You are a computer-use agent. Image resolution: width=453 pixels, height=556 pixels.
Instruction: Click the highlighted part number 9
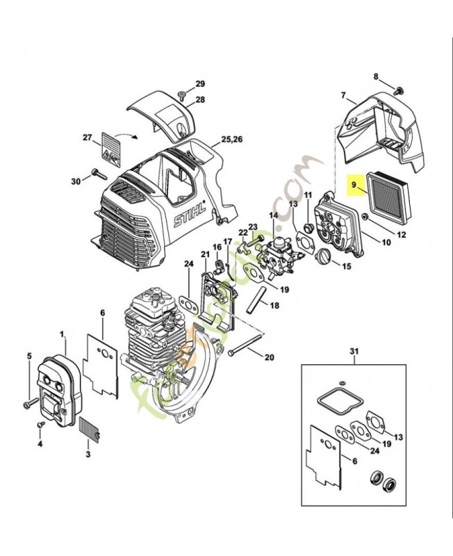coord(354,185)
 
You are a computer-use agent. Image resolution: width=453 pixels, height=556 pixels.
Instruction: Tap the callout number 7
coord(343,95)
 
